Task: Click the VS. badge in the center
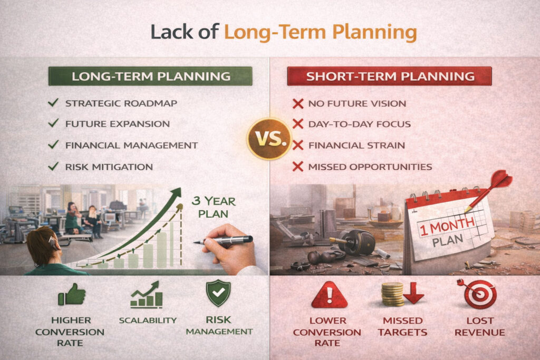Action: (269, 139)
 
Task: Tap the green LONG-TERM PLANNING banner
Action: (150, 76)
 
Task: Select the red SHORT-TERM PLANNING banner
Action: (390, 76)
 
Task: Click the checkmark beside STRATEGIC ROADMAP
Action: (53, 103)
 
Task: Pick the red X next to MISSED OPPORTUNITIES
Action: (298, 167)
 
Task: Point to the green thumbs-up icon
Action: (72, 294)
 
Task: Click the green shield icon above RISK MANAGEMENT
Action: (218, 293)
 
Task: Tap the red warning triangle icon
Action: (329, 295)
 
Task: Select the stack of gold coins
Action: (392, 294)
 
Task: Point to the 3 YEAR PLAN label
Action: (214, 207)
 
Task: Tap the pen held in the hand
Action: (223, 240)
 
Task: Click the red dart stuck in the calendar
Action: (489, 191)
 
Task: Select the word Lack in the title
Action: (171, 32)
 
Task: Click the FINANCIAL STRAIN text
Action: (356, 145)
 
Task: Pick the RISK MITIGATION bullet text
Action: (109, 167)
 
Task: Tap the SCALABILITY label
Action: (148, 320)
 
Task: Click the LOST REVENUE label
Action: (480, 326)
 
